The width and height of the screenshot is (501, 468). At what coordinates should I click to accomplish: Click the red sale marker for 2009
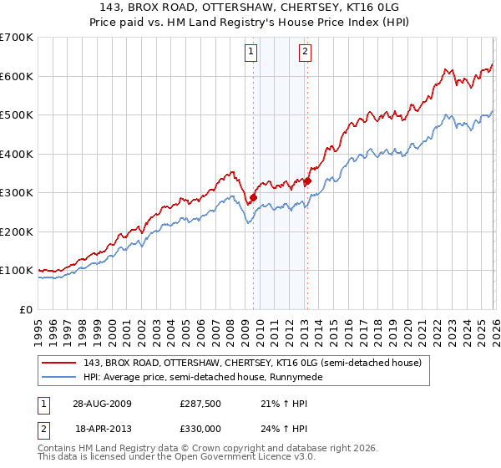click(x=253, y=197)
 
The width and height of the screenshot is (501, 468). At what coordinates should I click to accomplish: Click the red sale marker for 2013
click(x=307, y=181)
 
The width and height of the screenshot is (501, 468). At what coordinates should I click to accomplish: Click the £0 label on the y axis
click(x=26, y=309)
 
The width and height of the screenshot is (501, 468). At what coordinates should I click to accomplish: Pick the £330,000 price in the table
click(x=203, y=428)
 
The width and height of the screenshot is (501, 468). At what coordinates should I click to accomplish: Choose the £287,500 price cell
click(x=203, y=404)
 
